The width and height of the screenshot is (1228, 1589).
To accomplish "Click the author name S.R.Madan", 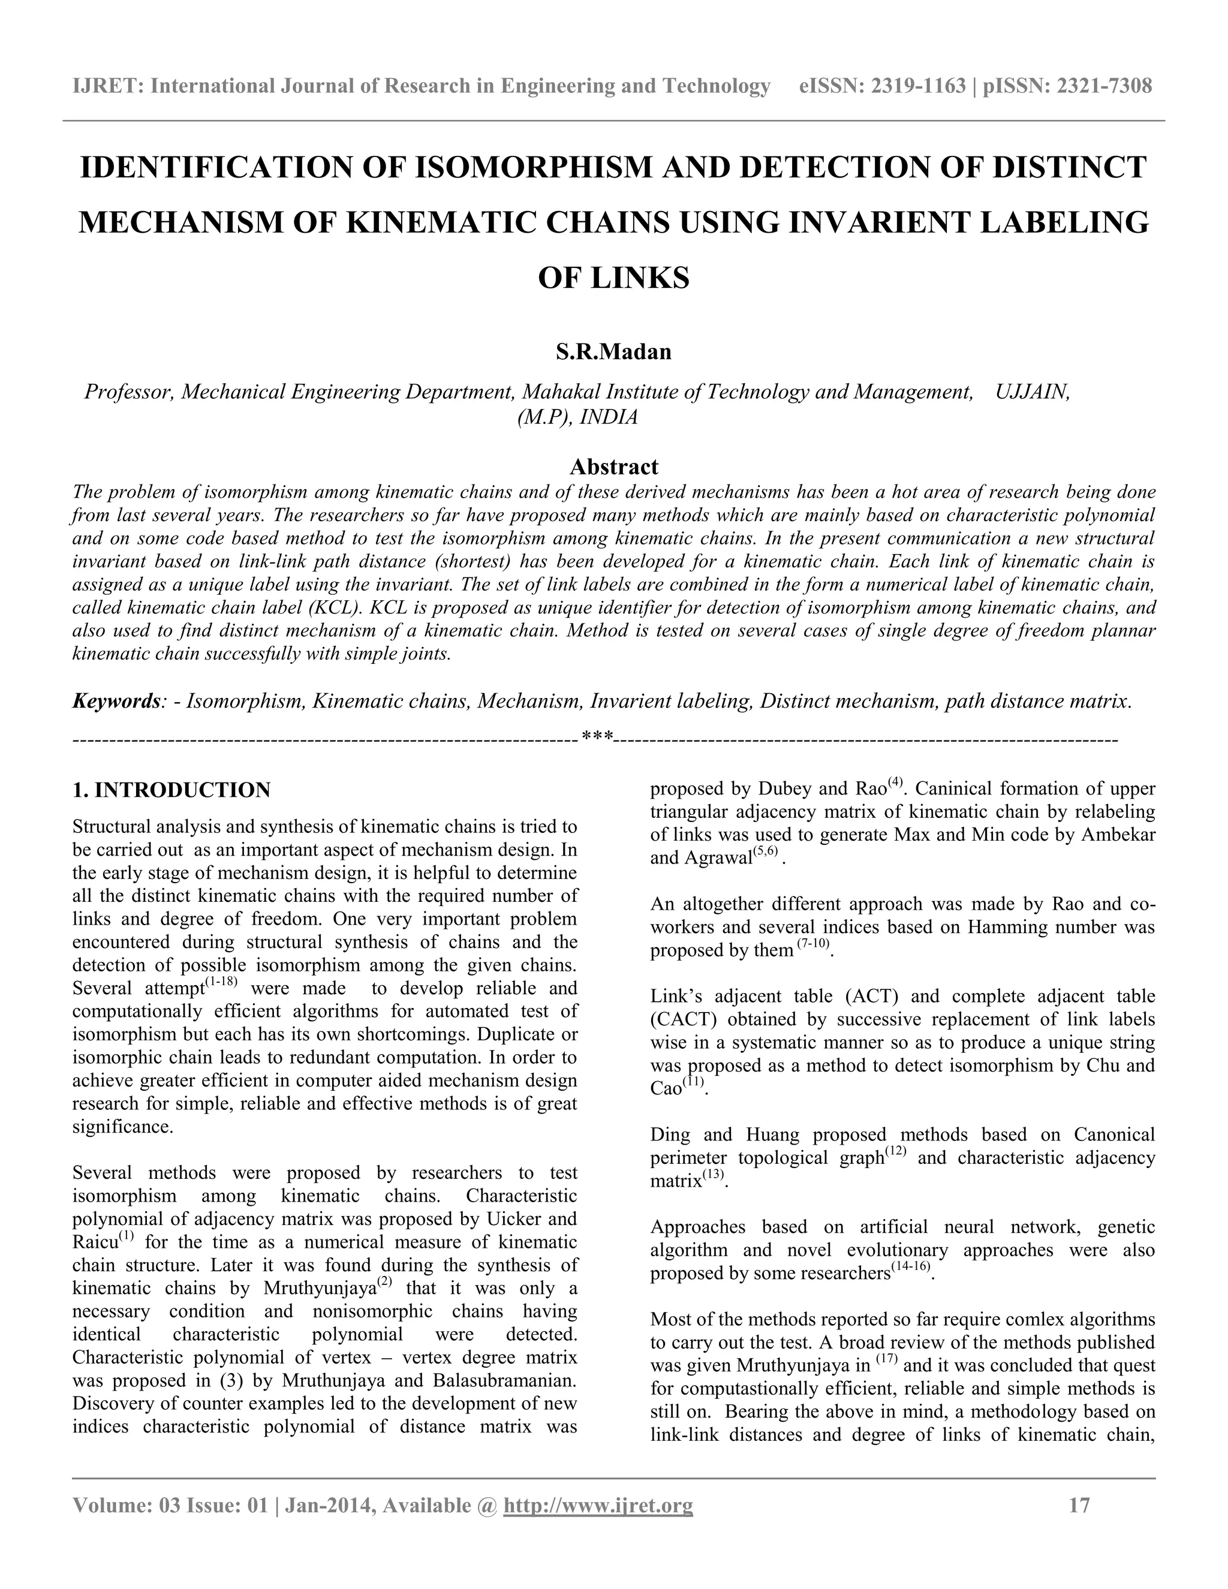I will (x=613, y=352).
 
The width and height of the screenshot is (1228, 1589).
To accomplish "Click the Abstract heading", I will (x=613, y=467).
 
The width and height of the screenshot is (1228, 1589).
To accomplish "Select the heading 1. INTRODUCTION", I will (x=171, y=790).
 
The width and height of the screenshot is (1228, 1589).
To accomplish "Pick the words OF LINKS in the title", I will (x=613, y=278).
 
